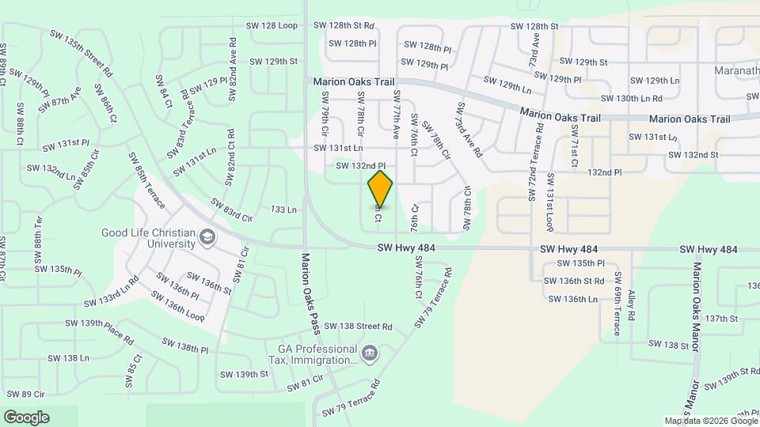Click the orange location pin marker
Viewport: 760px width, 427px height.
click(380, 188)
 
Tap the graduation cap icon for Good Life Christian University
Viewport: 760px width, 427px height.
click(207, 236)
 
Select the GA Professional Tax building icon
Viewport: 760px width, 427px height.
click(369, 353)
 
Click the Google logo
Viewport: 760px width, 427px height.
click(26, 417)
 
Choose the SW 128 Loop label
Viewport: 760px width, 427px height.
click(271, 26)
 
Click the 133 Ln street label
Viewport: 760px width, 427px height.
click(283, 210)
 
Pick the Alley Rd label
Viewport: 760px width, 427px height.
click(631, 304)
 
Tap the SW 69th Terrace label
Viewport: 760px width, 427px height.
click(617, 304)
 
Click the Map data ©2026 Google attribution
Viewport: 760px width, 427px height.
click(710, 421)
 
